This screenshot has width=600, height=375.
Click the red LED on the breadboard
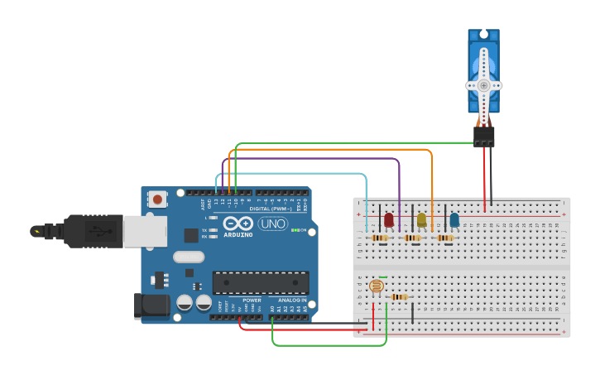coord(389,219)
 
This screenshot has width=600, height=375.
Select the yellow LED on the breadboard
coord(421,219)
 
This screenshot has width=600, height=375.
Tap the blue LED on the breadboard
coord(454,219)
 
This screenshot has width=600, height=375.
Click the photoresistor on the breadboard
coord(376,286)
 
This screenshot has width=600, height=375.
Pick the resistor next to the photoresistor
coord(399,297)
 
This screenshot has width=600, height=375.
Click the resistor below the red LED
coord(379,238)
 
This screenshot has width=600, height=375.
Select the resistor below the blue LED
coord(444,238)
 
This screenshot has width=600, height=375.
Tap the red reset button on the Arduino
coord(157,200)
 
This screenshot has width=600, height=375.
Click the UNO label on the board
coord(272,224)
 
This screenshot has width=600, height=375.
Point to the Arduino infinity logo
coord(238,224)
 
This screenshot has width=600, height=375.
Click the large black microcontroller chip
coord(261,282)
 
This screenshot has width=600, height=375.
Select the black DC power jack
coord(151,305)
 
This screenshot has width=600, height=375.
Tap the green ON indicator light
coord(295,230)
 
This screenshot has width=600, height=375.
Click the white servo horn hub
coord(483,84)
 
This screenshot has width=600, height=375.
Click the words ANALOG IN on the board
coord(290,300)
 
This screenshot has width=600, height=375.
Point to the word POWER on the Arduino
coord(252,300)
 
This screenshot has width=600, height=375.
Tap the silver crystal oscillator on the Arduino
coord(189,257)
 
